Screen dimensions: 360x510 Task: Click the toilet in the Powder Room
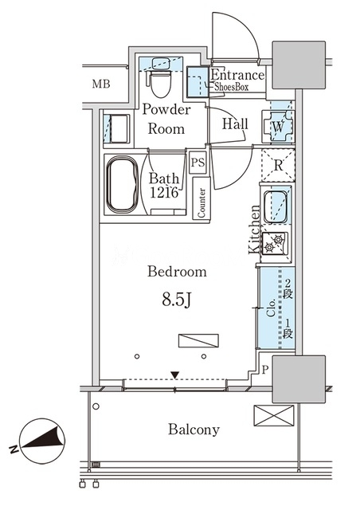(161, 83)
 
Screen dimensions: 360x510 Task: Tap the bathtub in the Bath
(123, 186)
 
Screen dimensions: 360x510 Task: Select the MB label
(101, 84)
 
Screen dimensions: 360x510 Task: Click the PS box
(198, 162)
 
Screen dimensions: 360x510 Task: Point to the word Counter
(202, 203)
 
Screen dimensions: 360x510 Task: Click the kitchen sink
(276, 207)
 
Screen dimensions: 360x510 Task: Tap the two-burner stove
(275, 244)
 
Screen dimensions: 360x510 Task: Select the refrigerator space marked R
(278, 165)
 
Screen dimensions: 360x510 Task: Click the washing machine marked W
(278, 127)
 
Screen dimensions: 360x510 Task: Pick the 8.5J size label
(176, 300)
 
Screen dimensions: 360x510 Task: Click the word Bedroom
(177, 272)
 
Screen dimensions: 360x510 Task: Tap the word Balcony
(194, 430)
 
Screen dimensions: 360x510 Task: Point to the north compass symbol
(42, 441)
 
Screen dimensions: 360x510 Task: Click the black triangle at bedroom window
(175, 375)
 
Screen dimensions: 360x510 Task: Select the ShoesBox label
(231, 87)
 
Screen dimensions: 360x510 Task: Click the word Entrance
(237, 75)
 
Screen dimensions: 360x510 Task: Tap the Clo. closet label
(272, 308)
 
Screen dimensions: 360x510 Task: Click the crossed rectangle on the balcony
(274, 415)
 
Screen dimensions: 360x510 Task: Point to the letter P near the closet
(265, 370)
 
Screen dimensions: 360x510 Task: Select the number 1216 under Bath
(164, 193)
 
